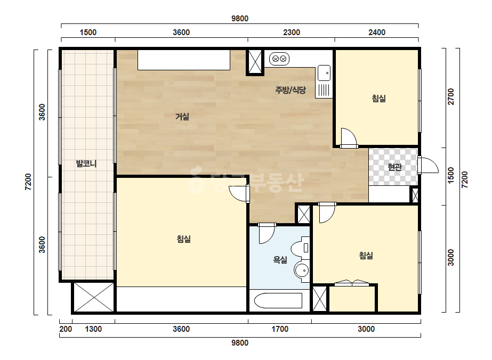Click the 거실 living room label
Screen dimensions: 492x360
pos(182,117)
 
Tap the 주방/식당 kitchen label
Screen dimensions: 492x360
pos(290,91)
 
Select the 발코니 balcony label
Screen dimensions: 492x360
pos(86,163)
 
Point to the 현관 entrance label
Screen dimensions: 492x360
pos(394,167)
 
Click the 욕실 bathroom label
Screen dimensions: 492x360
pos(280,260)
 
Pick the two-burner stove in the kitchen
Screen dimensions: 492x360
pos(279,59)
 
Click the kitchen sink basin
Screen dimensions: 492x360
pos(324,73)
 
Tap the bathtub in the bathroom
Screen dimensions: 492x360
pos(278,300)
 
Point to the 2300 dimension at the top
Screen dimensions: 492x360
pos(292,32)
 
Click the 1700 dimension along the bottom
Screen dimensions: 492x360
pos(279,329)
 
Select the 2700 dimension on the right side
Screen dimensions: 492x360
pos(451,96)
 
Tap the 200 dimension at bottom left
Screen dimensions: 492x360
pos(66,329)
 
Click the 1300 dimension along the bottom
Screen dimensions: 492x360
pos(93,329)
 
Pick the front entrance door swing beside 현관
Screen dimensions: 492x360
pos(429,165)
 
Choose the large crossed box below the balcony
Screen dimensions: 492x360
pos(94,297)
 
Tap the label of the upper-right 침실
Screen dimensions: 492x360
pos(378,99)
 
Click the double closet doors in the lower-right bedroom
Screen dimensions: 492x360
pos(352,283)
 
